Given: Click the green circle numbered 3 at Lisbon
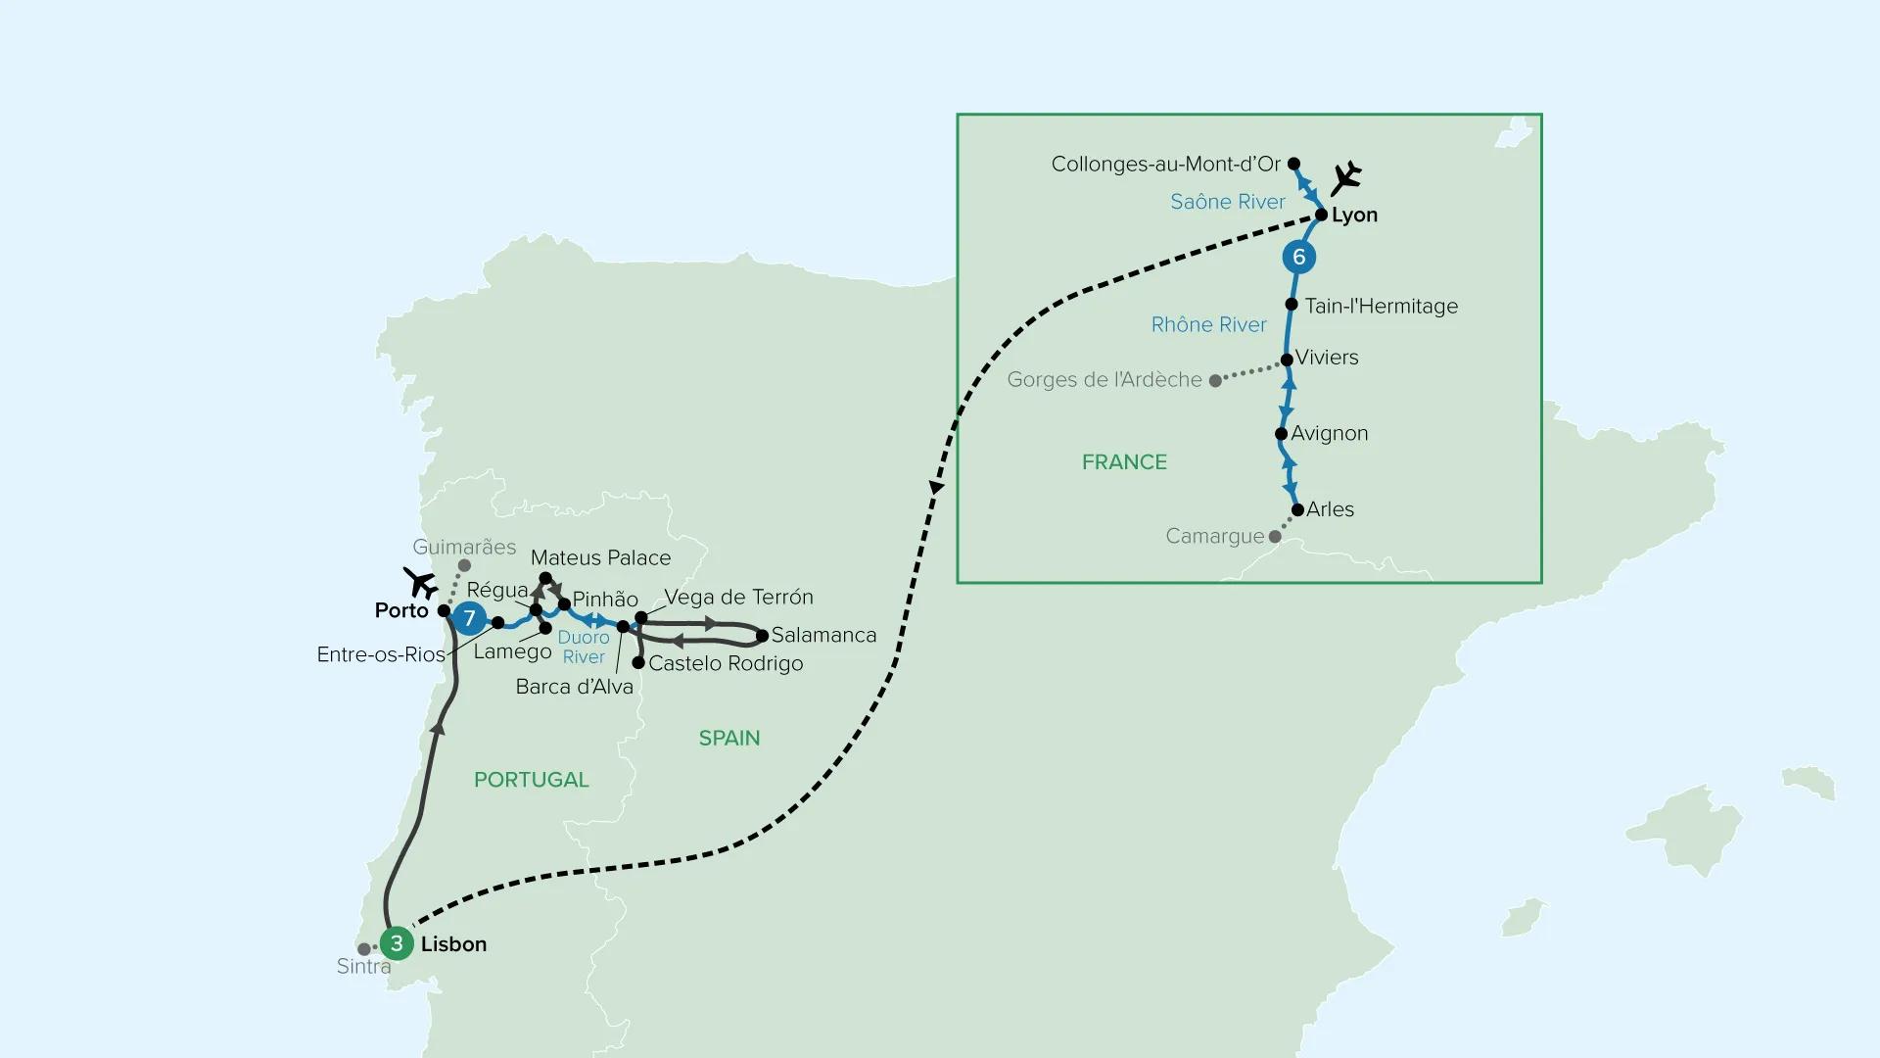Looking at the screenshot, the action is [397, 943].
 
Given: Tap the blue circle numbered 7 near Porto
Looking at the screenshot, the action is [470, 618].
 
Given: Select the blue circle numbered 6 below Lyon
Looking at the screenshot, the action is [1299, 257].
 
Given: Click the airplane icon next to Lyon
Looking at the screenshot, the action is [1346, 178].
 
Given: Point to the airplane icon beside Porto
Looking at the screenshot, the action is [421, 583].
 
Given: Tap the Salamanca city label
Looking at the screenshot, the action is [823, 635].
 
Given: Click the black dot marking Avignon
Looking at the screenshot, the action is [1281, 433].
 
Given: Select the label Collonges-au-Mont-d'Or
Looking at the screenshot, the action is [1166, 164].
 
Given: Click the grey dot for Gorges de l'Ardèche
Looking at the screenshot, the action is [1215, 381].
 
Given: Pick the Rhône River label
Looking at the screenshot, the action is [1209, 324].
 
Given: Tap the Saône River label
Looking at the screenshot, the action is [1228, 201].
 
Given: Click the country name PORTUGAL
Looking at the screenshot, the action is [532, 780].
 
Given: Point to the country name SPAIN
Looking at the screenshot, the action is [729, 738].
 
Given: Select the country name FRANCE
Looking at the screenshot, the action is [1124, 461].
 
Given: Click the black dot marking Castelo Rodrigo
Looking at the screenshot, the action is [638, 663].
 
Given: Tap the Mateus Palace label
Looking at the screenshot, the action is [601, 557].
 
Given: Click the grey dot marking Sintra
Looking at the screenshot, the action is [364, 949].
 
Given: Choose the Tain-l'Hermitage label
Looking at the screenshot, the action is [1382, 306].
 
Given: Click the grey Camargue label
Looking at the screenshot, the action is [1215, 536].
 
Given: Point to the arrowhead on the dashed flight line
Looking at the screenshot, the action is [937, 487].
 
